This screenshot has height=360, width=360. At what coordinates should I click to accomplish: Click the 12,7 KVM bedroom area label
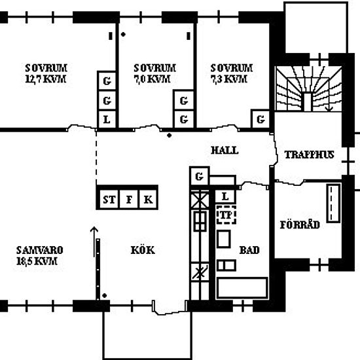coord(46,79)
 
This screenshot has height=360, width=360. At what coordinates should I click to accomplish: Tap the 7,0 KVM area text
coord(152,79)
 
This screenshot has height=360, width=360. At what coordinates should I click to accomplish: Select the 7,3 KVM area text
coord(229,79)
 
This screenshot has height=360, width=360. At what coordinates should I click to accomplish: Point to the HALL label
coord(225,151)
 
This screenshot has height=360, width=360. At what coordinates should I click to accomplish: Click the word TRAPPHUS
coord(309,154)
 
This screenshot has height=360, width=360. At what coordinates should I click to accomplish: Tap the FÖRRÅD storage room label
coord(300,225)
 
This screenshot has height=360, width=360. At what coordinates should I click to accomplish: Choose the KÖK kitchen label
coord(143,250)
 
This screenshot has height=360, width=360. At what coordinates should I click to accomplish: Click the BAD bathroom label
coord(249,250)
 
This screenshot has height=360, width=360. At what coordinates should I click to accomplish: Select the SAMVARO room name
coord(40,250)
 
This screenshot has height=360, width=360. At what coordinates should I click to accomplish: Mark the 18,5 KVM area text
coord(37,262)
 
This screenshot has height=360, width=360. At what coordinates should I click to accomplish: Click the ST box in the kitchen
coord(109,200)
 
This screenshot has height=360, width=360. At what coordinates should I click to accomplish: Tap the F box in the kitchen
coord(129,200)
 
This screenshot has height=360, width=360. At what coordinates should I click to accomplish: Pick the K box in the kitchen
coord(149,200)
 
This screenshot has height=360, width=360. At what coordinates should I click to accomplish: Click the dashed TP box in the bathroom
coord(226,215)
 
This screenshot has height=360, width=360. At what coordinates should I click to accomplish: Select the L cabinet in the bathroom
coord(225,196)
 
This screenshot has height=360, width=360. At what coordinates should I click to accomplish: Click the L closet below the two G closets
coord(107,120)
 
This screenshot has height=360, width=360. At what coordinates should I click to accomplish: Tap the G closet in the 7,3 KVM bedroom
coord(261,119)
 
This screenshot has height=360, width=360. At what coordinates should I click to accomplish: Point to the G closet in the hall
coord(199,176)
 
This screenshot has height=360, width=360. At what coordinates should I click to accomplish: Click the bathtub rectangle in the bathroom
coord(242,288)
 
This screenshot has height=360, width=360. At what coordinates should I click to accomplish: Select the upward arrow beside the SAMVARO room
coord(94,242)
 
